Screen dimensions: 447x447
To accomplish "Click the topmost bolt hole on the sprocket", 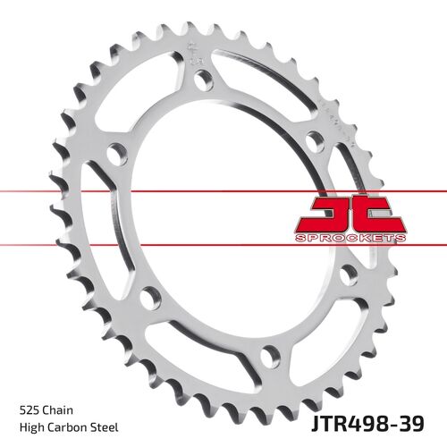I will click(x=206, y=81).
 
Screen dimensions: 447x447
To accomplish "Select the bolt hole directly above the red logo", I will click(x=313, y=140).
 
